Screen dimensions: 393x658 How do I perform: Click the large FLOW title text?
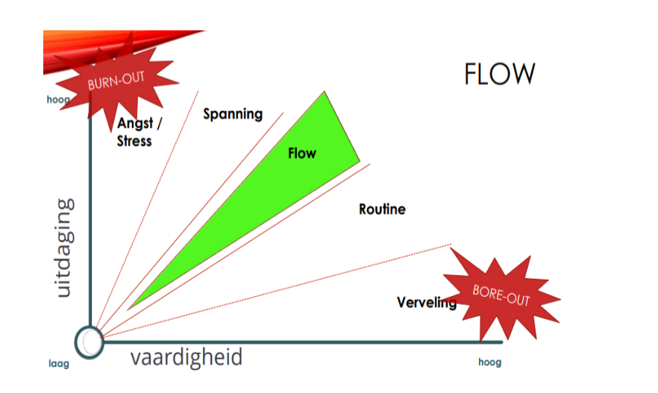(499, 75)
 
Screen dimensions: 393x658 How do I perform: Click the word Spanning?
(233, 114)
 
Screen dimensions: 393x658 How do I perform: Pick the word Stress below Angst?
(134, 140)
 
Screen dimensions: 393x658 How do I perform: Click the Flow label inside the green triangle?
(302, 154)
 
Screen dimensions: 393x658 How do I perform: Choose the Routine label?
(382, 209)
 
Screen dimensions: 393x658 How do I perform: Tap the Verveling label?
(426, 302)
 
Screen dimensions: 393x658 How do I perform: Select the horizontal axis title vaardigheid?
(187, 357)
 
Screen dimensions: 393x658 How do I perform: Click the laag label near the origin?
(58, 363)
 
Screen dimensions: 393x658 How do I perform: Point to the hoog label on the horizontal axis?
(489, 362)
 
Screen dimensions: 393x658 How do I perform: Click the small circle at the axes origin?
(90, 342)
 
